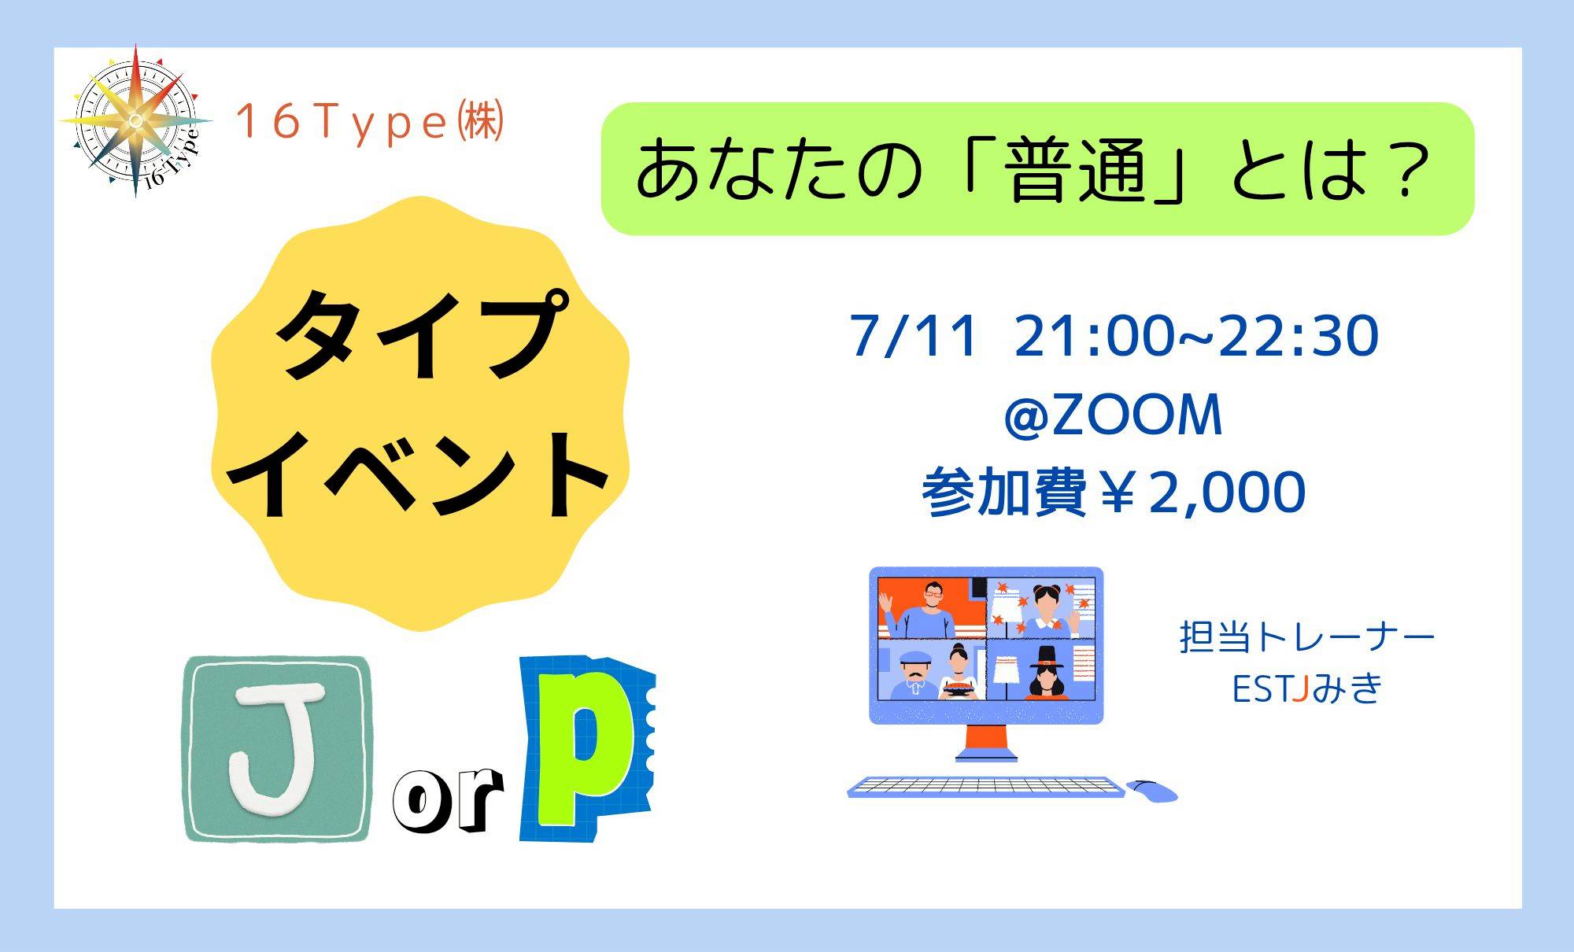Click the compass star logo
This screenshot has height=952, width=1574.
click(x=135, y=120)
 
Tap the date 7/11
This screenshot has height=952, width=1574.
click(x=914, y=336)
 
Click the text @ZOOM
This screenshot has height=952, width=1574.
click(x=1113, y=415)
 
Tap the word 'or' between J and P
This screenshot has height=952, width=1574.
click(x=448, y=801)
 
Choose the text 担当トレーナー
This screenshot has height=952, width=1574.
click(x=1307, y=637)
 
